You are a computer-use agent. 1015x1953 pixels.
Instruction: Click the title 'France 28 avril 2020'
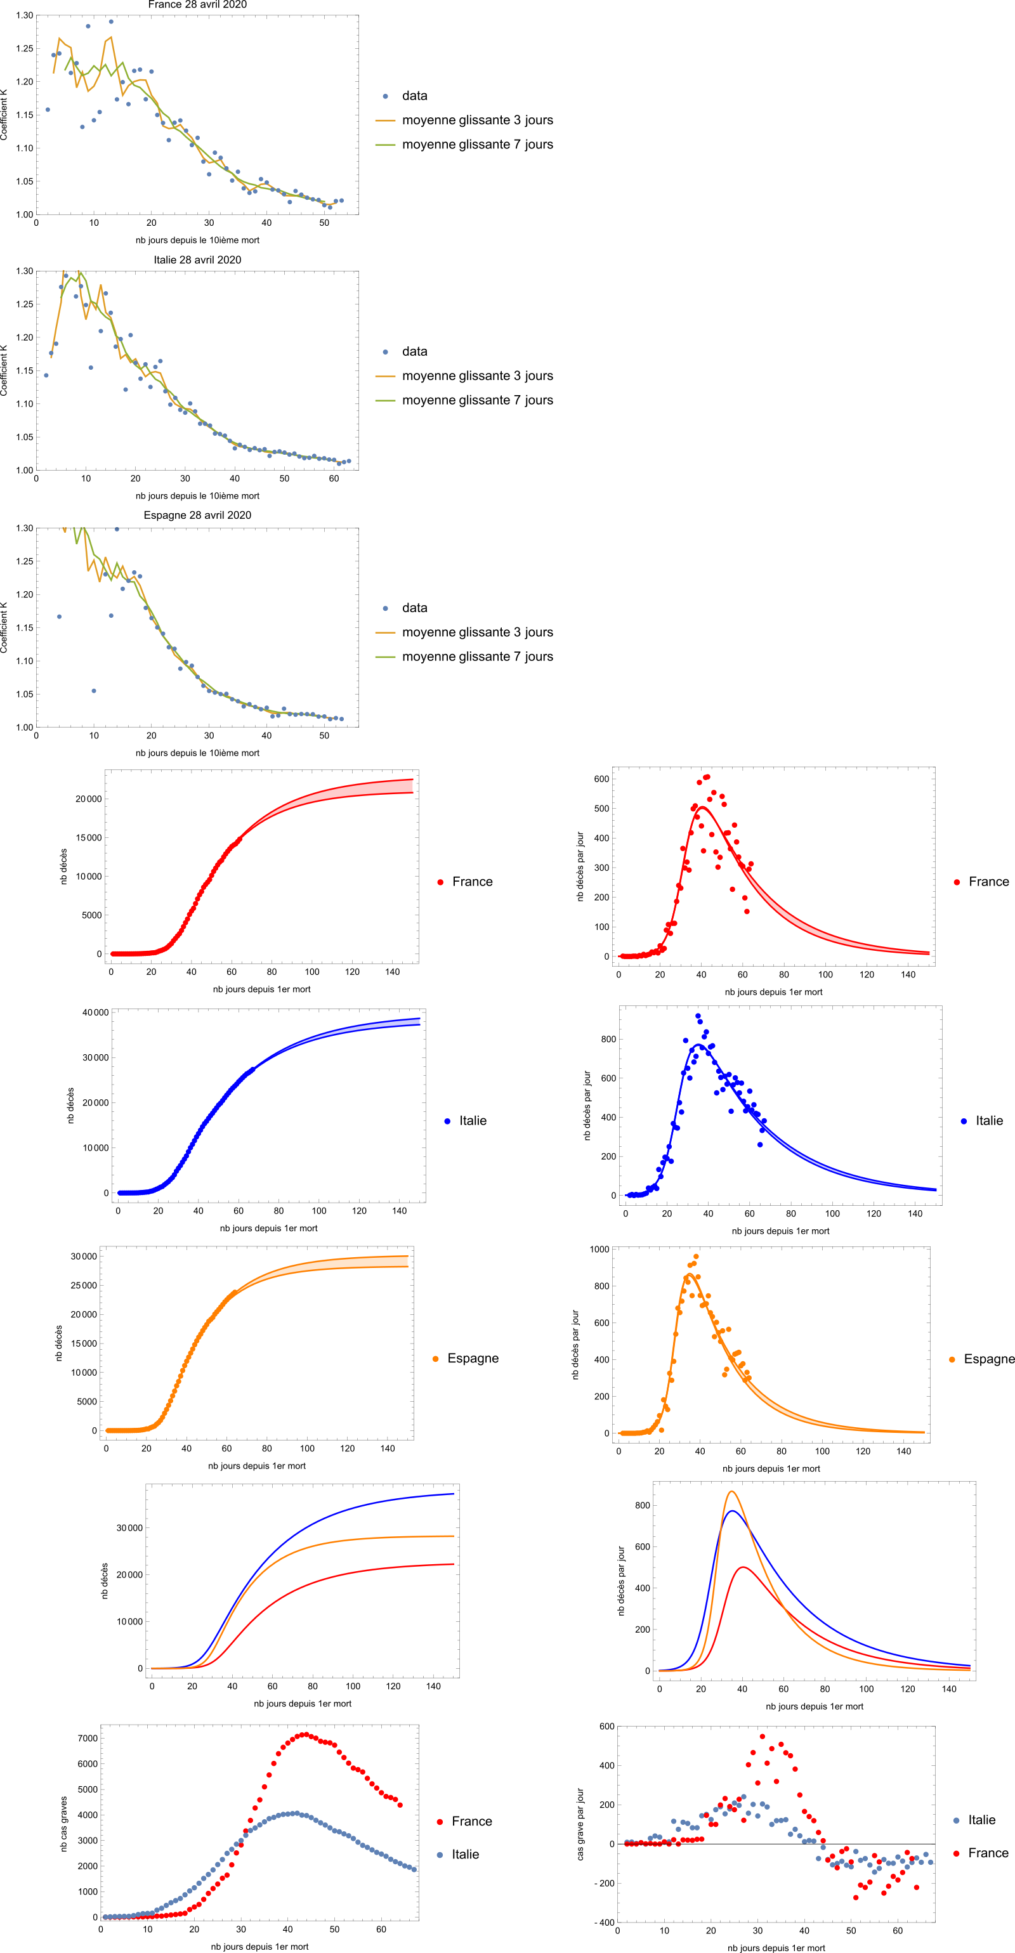[197, 4]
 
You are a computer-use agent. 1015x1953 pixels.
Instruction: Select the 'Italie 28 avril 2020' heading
[197, 259]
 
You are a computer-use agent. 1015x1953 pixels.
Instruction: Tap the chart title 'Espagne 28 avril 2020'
[197, 515]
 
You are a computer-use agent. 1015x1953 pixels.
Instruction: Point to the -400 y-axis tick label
[605, 1922]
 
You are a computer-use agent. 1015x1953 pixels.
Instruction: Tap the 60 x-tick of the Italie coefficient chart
[334, 478]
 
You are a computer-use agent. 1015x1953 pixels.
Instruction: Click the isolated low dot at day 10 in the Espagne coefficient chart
[94, 691]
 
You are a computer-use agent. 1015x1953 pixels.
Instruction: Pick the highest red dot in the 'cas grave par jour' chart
[762, 1736]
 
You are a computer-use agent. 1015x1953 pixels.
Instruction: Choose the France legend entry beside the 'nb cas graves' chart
[471, 1821]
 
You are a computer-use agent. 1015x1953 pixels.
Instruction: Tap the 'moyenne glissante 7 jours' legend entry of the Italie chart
[477, 400]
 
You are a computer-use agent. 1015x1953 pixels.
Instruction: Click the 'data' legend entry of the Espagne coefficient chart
[414, 608]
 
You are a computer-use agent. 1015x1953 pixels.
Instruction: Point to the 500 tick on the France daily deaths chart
[601, 808]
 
